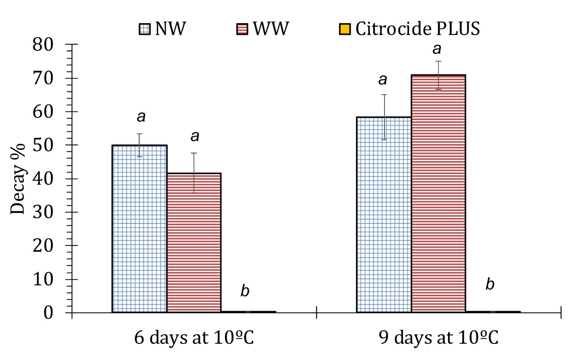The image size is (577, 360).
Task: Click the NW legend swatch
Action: pos(144,29)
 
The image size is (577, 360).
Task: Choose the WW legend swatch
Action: pos(242,29)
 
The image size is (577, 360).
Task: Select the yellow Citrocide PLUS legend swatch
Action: pos(344,29)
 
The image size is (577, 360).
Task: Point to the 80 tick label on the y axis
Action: pos(43,44)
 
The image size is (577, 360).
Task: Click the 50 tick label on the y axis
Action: pos(43,145)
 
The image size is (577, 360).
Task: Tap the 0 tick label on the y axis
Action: pos(48,313)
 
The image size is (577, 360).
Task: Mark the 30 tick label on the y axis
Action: pos(43,212)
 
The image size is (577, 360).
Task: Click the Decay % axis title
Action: pos(18,179)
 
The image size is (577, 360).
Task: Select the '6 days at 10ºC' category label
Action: pos(194,338)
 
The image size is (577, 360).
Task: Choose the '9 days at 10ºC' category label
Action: pos(438,338)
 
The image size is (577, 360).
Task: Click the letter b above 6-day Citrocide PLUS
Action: pos(245,291)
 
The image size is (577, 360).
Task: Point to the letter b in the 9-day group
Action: pos(490,284)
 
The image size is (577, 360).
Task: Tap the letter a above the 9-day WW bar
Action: pos(437,49)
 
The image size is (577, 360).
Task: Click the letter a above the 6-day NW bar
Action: pos(141,117)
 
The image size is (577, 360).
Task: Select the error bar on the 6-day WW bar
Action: pos(194,172)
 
